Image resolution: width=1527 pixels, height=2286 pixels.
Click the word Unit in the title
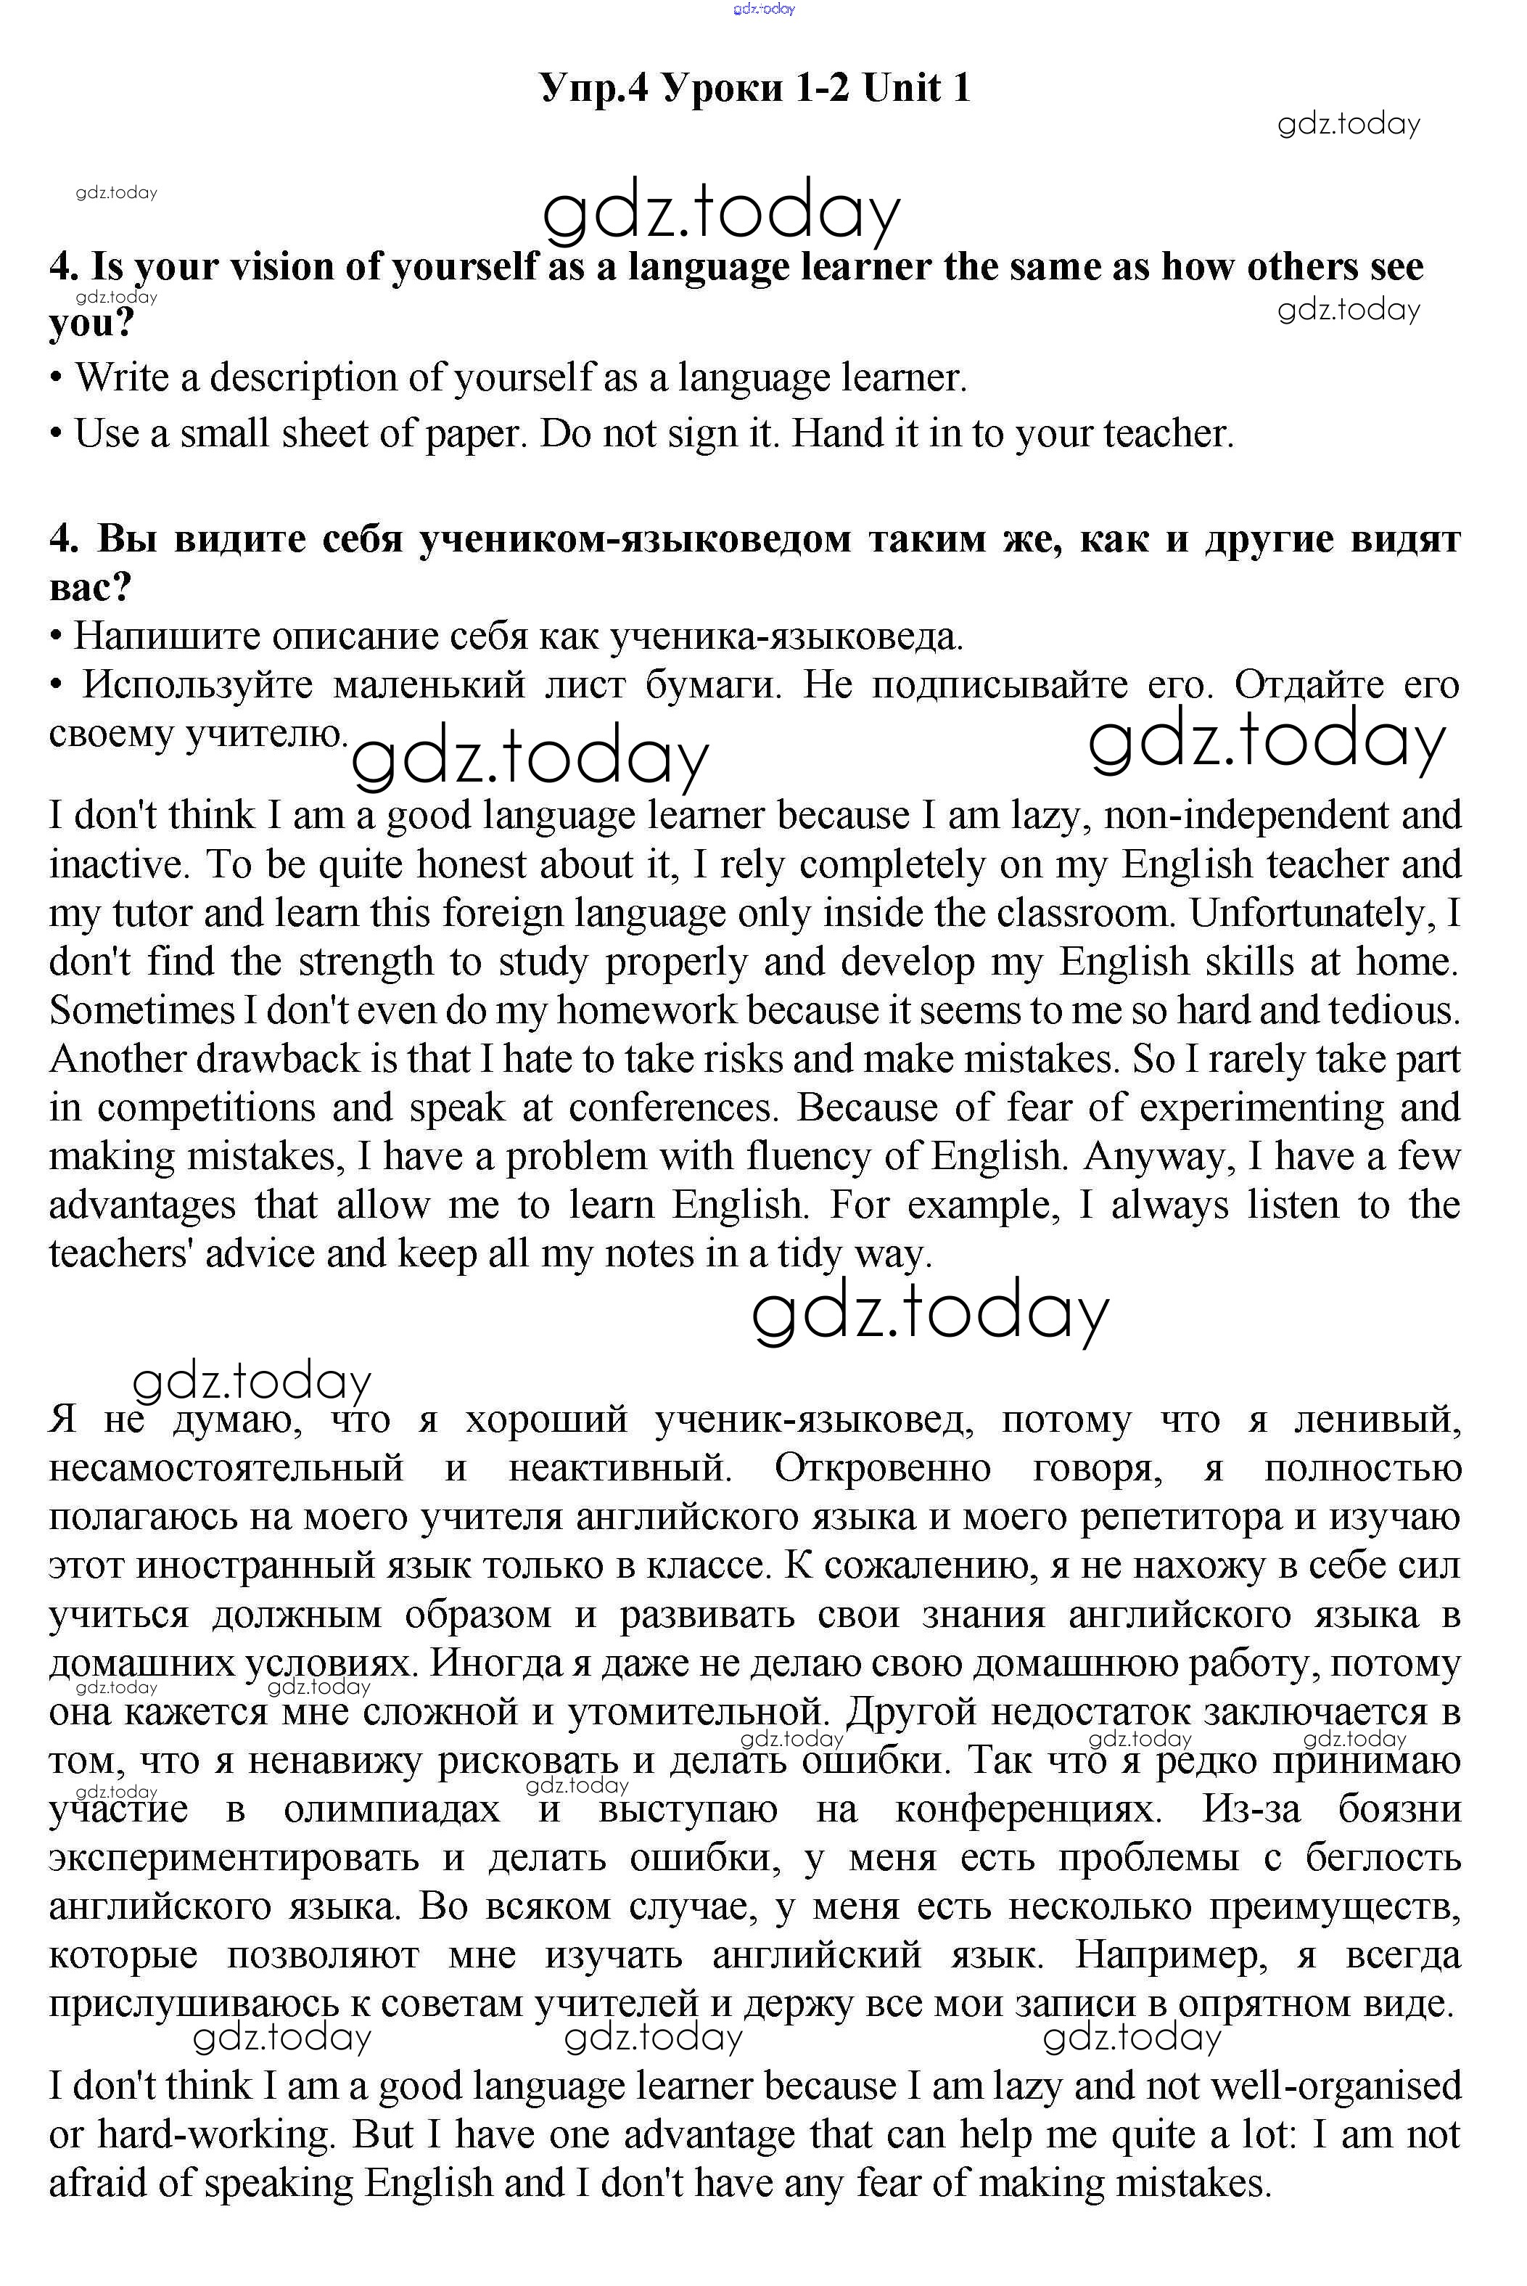[902, 89]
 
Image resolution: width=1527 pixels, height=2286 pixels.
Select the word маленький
[429, 686]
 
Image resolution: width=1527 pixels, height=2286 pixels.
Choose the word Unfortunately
[1312, 914]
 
